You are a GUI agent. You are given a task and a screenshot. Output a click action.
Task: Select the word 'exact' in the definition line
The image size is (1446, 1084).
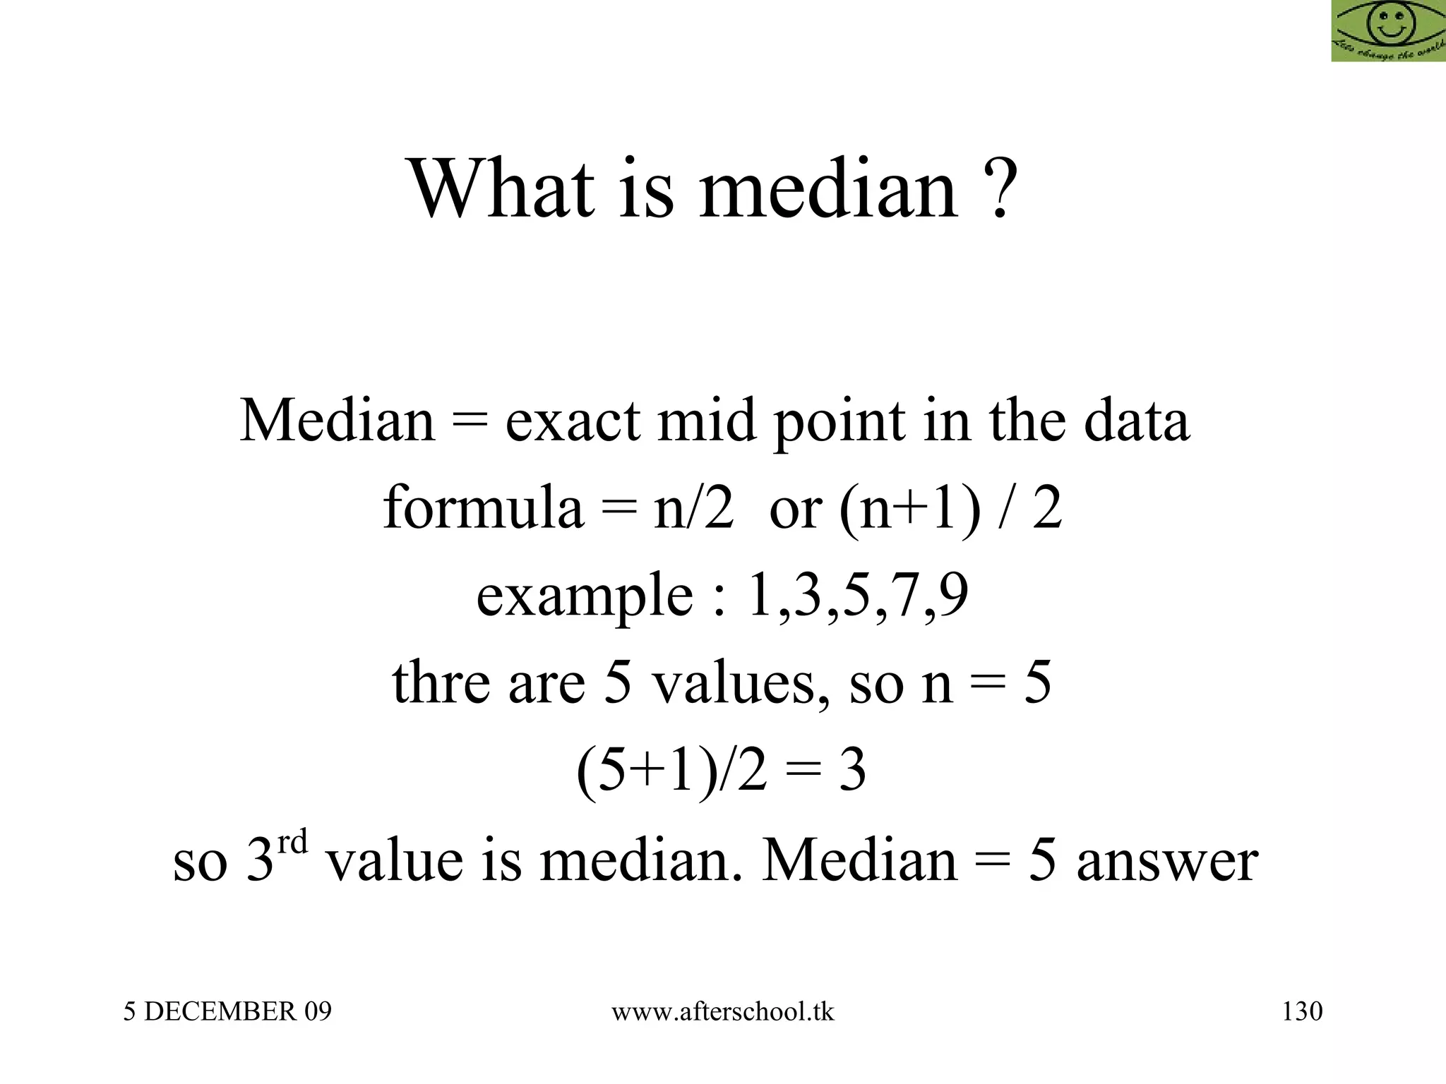pyautogui.click(x=572, y=422)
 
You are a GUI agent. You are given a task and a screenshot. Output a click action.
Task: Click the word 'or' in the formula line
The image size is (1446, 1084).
pyautogui.click(x=795, y=510)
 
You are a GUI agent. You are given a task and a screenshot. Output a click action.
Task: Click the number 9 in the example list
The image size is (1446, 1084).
pyautogui.click(x=954, y=595)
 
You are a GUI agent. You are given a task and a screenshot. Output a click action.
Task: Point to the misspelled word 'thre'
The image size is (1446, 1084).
pyautogui.click(x=441, y=682)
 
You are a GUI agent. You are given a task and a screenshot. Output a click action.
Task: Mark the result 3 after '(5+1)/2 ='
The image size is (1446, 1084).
pyautogui.click(x=852, y=771)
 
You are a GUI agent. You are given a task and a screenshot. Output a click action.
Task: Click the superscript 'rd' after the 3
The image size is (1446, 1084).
pyautogui.click(x=292, y=843)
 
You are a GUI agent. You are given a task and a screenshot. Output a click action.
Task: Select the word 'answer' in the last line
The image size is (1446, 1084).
pyautogui.click(x=1167, y=861)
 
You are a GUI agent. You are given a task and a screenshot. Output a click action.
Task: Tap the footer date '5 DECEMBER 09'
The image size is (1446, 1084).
pyautogui.click(x=227, y=1011)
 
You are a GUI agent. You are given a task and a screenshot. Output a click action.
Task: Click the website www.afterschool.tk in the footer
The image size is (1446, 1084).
pyautogui.click(x=722, y=1011)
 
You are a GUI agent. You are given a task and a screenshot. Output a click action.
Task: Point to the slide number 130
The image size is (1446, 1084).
pyautogui.click(x=1302, y=1011)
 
